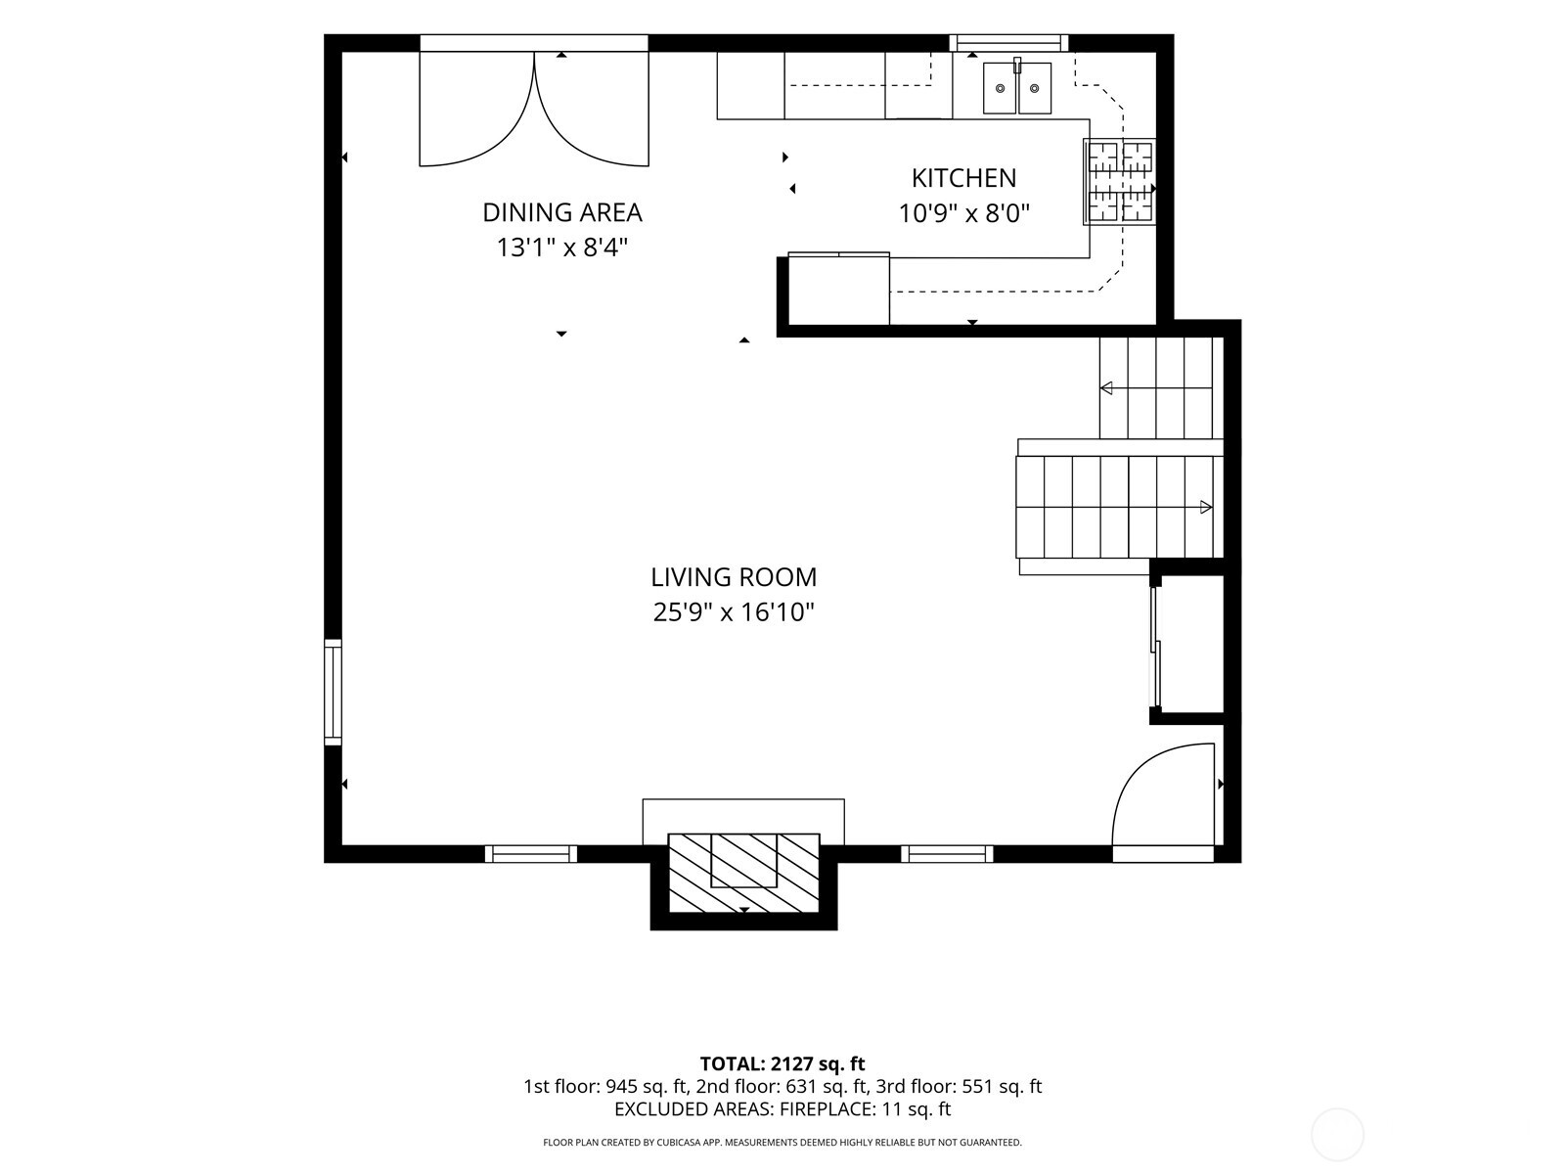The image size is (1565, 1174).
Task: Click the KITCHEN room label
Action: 963,178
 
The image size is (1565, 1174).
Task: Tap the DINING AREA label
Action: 561,212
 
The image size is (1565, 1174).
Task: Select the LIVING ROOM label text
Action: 733,576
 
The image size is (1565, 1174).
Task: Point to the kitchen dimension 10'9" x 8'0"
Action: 964,213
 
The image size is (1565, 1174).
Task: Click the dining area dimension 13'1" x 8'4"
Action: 561,248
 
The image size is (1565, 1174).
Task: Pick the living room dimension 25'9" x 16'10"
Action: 733,611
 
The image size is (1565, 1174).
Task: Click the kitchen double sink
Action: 1016,88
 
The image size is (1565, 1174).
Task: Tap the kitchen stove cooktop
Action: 1119,182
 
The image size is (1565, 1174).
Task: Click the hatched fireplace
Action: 743,873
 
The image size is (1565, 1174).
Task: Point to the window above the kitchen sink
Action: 1008,43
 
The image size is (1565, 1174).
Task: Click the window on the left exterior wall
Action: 333,692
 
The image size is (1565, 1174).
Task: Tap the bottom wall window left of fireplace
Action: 531,853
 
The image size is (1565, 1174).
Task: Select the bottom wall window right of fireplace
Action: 947,853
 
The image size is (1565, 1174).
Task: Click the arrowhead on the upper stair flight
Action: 1106,388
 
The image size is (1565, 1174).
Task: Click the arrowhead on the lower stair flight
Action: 1206,508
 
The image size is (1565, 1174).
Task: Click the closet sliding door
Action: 1156,648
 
